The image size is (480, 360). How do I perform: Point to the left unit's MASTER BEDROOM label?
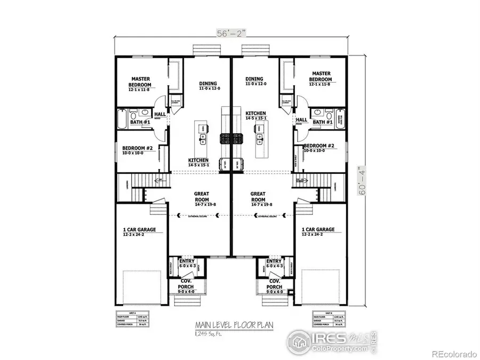[140, 82]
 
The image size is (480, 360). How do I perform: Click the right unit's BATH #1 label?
[323, 122]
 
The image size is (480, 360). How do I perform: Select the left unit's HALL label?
[160, 114]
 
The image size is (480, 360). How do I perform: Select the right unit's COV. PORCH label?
[275, 283]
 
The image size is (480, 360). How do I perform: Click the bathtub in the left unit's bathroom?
[123, 119]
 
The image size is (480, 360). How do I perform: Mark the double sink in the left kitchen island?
[203, 140]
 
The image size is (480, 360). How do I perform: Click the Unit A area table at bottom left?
[132, 318]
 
